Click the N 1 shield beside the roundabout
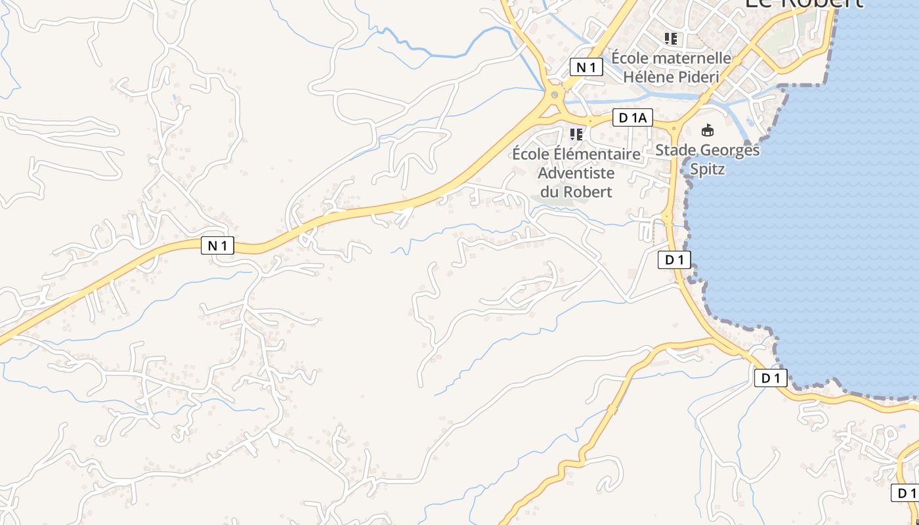[586, 67]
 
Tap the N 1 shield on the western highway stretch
[217, 245]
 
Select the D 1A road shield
[633, 118]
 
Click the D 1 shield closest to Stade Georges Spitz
[674, 260]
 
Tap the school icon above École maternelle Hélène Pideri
[670, 38]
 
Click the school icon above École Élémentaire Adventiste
[576, 135]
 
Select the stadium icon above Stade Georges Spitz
[707, 130]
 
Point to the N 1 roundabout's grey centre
[555, 95]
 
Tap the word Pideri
[698, 76]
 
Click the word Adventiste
[576, 173]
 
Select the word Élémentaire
[596, 154]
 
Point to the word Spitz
[707, 169]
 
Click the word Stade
[676, 150]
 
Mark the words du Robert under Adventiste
[576, 192]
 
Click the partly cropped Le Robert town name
[803, 3]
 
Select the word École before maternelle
[630, 58]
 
